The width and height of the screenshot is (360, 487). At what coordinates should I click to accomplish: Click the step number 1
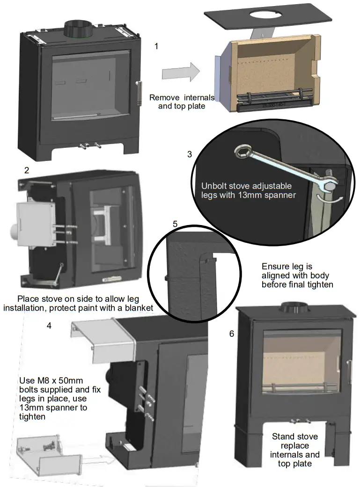[x=156, y=46]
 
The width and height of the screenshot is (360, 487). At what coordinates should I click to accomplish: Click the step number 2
[x=27, y=170]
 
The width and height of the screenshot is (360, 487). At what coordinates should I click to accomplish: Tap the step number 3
[x=190, y=154]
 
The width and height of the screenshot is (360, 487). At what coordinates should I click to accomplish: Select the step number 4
[x=49, y=325]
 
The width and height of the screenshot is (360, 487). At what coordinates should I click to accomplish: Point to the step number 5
[x=175, y=224]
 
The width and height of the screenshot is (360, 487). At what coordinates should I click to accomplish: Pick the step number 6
[x=232, y=334]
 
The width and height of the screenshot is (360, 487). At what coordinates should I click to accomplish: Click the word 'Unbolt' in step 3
[x=214, y=186]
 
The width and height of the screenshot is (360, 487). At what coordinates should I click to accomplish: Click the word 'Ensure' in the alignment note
[x=274, y=267]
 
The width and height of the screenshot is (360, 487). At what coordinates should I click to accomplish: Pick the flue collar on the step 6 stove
[x=293, y=308]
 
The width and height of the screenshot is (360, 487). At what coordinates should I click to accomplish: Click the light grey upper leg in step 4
[x=101, y=340]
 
